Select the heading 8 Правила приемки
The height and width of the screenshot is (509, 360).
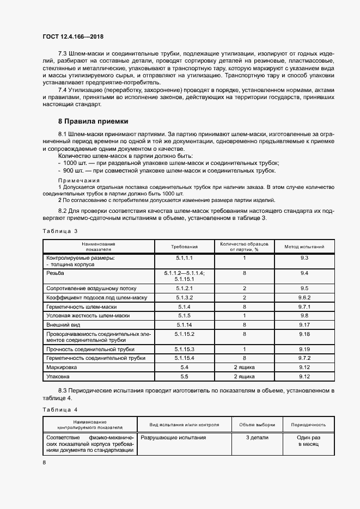point(93,121)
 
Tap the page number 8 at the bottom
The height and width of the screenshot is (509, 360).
point(44,462)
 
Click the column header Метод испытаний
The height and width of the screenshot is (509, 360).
point(304,247)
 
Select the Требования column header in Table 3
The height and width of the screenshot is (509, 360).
point(184,247)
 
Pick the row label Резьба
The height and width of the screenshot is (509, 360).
point(56,272)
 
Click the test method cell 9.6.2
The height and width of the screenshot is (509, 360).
point(304,298)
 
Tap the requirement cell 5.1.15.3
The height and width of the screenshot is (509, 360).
point(184,348)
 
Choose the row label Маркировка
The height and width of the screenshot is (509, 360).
point(63,367)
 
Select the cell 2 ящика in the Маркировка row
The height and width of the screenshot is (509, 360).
point(245,367)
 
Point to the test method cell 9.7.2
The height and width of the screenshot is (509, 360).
point(304,358)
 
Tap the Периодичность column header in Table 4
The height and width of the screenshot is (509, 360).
point(308,425)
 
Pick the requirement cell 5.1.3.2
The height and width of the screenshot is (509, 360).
point(184,298)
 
